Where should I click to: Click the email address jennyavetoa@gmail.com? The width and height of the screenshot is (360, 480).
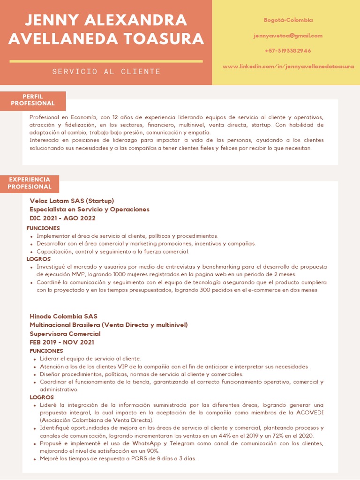click(288, 36)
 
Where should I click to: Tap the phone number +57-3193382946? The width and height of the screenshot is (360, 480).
click(288, 51)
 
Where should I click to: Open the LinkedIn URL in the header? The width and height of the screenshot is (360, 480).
click(288, 67)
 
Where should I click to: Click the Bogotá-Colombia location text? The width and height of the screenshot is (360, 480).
click(288, 20)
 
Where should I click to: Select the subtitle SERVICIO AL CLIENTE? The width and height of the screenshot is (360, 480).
click(106, 72)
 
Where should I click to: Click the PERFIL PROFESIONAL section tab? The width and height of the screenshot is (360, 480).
click(33, 100)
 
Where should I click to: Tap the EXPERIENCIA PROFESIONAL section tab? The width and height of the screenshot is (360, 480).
click(30, 183)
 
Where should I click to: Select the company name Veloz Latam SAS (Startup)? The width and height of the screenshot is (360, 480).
click(72, 201)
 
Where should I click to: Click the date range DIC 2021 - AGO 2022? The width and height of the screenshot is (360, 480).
click(62, 218)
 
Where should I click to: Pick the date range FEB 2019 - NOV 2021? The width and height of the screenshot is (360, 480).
click(62, 342)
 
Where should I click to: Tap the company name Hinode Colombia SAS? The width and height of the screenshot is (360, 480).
click(63, 316)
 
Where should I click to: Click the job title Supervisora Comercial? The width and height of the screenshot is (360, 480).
click(65, 334)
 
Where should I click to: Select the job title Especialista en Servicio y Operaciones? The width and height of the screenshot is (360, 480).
click(90, 210)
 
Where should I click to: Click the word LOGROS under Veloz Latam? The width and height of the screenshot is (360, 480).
click(38, 259)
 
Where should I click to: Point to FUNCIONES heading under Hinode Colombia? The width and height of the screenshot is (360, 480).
click(46, 351)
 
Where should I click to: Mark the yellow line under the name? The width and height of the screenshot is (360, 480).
click(106, 61)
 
